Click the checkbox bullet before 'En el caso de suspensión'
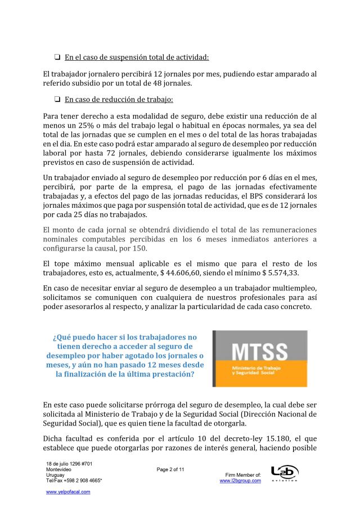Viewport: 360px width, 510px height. click(57, 57)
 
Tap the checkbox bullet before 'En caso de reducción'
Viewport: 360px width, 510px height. click(57, 100)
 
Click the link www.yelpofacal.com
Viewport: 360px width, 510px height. click(68, 491)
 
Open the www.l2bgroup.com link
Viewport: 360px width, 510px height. click(240, 481)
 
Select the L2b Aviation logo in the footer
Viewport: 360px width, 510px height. click(284, 473)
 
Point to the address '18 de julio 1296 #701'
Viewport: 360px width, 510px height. click(70, 463)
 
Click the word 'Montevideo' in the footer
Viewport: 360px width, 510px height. click(58, 469)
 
